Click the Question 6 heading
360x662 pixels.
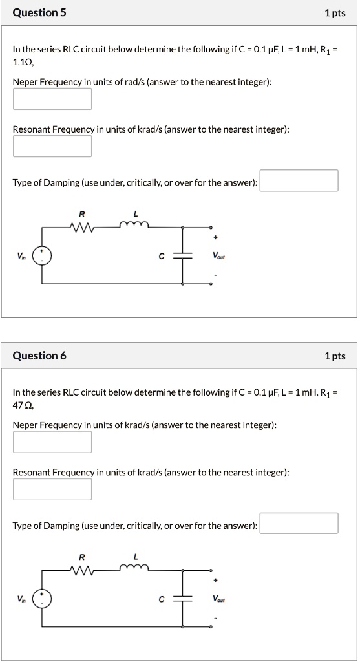pos(39,356)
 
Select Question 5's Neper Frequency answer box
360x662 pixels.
pos(52,99)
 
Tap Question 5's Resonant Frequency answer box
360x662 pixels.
pos(52,146)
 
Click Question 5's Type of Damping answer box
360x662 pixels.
pos(299,181)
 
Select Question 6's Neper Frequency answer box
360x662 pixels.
pos(52,442)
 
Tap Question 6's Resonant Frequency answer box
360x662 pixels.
pos(52,489)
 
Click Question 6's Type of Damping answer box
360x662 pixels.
pos(299,524)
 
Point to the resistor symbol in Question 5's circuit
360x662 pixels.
pos(82,226)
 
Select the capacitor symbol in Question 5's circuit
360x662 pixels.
pos(183,256)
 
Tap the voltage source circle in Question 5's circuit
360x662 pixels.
pos(43,256)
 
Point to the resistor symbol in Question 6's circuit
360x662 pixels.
pos(82,570)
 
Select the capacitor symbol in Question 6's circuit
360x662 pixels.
pos(183,599)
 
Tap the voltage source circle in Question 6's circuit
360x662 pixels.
pos(43,599)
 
